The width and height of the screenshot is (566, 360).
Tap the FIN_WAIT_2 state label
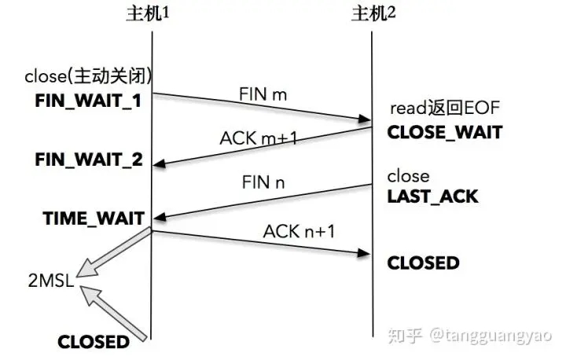(x=90, y=160)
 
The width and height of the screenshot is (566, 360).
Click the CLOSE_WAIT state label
(x=444, y=132)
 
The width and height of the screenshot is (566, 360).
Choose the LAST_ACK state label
(x=432, y=197)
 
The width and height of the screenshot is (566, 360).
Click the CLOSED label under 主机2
(x=423, y=263)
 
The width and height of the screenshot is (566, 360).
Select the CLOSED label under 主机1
(x=93, y=341)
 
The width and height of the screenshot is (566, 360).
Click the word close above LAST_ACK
(x=409, y=176)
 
